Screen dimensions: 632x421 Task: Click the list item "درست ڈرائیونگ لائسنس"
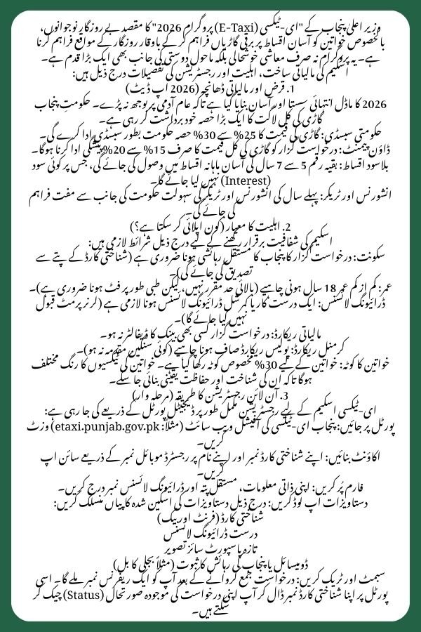(210, 534)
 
